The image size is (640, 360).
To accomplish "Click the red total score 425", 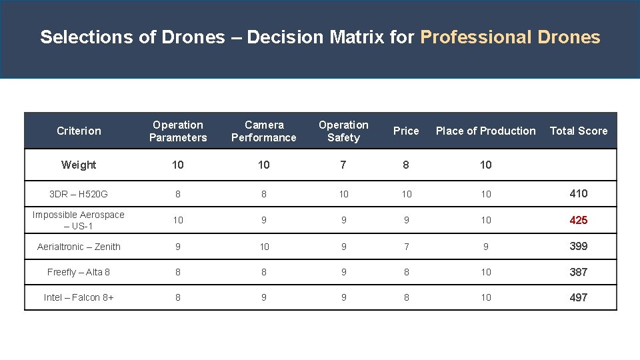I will point(578,220).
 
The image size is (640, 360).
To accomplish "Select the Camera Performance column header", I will point(264,131).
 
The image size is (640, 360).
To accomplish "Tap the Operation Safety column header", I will point(343,131).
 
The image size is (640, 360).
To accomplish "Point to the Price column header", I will point(406,131).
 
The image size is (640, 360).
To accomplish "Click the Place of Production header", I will point(485,131).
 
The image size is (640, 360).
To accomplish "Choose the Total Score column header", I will point(578,131).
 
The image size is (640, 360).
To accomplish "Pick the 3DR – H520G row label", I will point(79,194).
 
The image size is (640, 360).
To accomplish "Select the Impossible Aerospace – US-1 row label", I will point(79,220).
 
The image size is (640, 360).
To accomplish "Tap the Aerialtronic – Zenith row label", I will point(79,247).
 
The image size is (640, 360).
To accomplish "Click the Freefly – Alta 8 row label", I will point(79,272).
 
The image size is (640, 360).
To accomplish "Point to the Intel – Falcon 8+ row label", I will point(79,297).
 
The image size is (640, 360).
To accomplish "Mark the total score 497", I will point(578,297).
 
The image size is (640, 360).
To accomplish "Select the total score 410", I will point(578,193).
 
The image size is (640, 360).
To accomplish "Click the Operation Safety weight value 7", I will point(343,165).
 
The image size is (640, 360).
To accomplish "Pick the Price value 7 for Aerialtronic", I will point(406,247).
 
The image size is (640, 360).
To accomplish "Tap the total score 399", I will point(578,246).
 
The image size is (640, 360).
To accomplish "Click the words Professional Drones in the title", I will point(510,37).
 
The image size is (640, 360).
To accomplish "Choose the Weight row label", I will point(79,165).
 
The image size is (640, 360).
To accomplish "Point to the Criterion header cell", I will point(79,131).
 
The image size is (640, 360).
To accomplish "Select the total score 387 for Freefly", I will point(578,272).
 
